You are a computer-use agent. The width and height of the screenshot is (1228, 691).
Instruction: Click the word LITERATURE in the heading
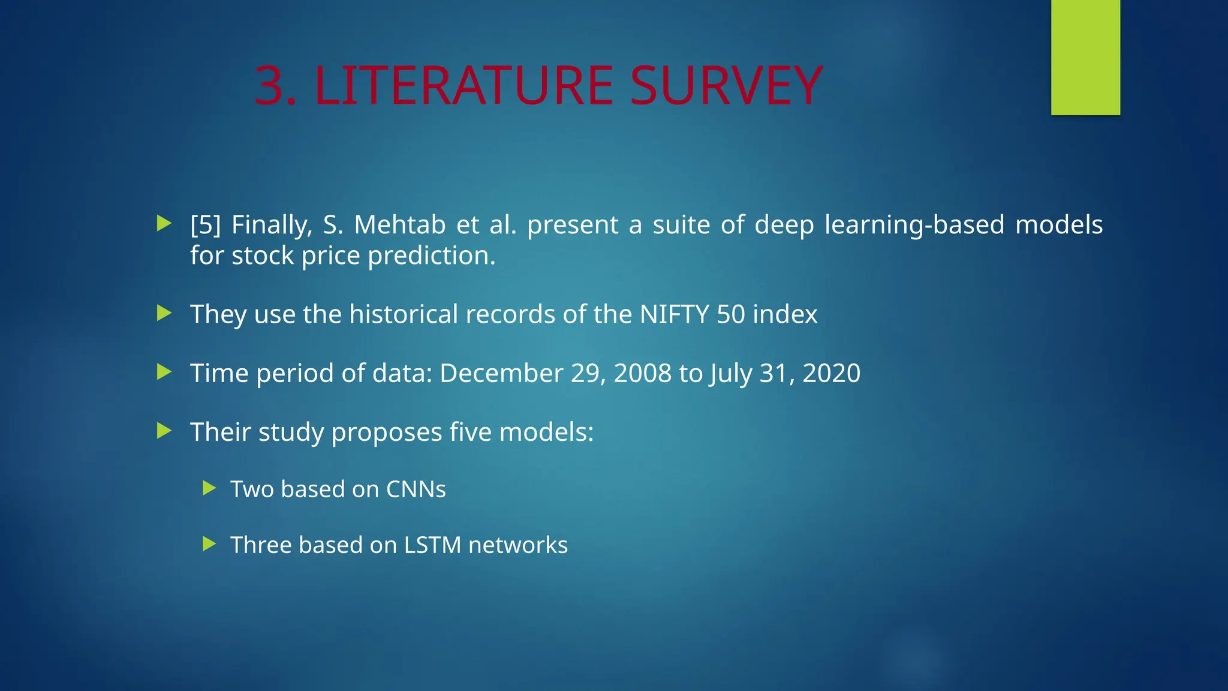[463, 86]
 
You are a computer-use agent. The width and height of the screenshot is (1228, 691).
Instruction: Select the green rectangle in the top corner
[1085, 57]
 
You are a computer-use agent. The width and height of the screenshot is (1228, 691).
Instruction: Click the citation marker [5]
[206, 225]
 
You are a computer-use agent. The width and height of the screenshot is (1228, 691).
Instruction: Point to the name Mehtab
[400, 225]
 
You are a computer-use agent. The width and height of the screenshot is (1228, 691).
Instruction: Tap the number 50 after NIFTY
[731, 314]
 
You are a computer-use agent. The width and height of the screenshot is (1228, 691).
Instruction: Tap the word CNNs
[416, 489]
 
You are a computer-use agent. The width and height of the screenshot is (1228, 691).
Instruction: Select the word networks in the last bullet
[517, 545]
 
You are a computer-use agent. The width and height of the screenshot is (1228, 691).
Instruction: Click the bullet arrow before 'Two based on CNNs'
[209, 488]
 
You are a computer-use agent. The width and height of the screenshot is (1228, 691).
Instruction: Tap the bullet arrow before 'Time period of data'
[164, 372]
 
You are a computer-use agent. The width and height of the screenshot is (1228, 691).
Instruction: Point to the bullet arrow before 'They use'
[164, 313]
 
